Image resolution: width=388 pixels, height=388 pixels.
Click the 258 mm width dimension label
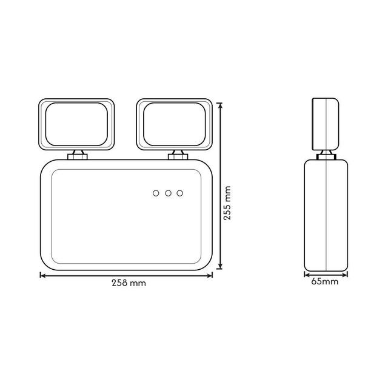129,283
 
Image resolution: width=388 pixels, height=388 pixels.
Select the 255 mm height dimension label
227,203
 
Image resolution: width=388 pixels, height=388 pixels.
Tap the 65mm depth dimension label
325,281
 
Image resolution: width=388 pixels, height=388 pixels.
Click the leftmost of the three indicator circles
156,193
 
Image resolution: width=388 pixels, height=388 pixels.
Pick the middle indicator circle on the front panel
168,193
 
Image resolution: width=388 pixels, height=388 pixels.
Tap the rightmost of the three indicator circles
180,193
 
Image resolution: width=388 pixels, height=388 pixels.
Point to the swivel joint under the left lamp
78,155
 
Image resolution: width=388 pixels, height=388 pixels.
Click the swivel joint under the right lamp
178,155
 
